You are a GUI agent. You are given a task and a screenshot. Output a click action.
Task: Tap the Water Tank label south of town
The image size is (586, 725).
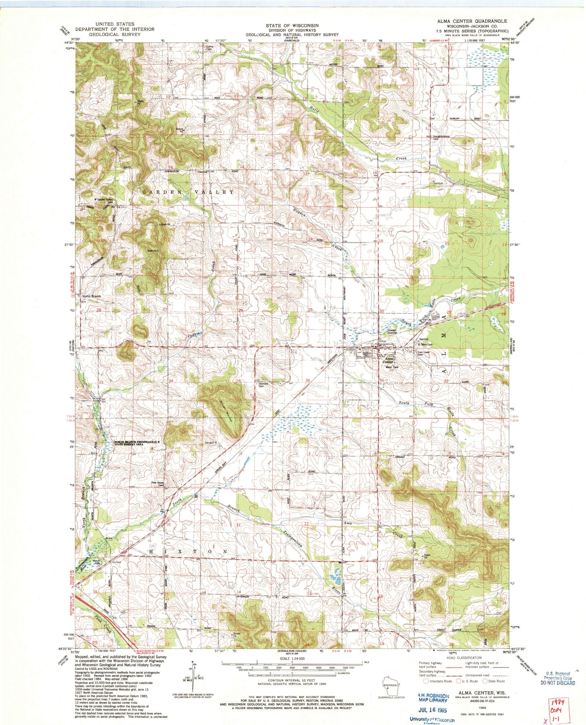[391, 367]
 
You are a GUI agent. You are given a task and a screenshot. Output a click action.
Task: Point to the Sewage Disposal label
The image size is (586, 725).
[392, 331]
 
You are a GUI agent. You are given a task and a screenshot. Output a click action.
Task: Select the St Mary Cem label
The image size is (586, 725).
[425, 345]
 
